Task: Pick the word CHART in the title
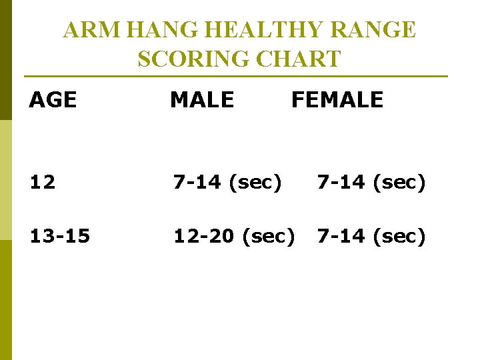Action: point(301,59)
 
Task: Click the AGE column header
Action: point(53,100)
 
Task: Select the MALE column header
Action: point(202,100)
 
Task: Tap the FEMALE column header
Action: point(337,100)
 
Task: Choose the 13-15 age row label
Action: point(59,235)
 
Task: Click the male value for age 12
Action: point(227,181)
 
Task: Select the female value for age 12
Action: point(371,181)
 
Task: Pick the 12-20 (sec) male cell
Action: point(234,235)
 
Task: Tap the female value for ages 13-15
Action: point(371,235)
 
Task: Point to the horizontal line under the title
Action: point(236,76)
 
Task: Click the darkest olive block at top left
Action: point(5,60)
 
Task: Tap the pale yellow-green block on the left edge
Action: point(5,180)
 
